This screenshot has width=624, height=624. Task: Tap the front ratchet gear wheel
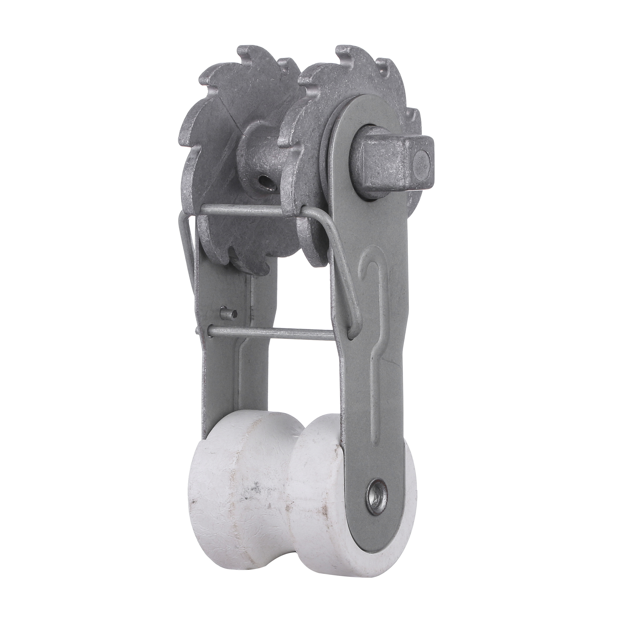click(323, 97)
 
